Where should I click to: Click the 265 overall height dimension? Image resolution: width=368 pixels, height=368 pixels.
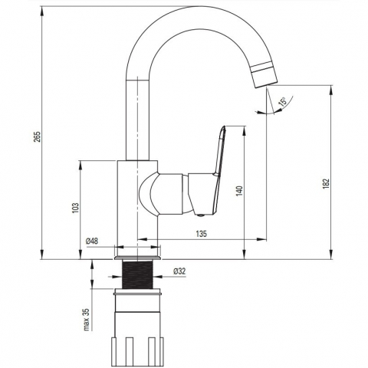coord(38,136)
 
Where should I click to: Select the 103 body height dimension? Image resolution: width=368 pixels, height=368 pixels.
coord(76,209)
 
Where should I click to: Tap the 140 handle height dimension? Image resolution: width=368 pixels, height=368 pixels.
coord(239,191)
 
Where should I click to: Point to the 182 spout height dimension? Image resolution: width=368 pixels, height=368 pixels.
coord(327,183)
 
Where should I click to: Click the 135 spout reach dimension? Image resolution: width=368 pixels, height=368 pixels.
coord(202,234)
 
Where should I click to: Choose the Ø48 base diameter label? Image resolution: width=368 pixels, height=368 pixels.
coord(92,241)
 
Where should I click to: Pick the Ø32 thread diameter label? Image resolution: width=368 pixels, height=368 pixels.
coord(179,271)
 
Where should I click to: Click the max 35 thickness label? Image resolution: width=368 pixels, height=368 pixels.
coord(87,320)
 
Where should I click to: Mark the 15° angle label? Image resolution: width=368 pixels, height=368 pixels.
coord(283,102)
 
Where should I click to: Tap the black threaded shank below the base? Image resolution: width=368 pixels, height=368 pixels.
coord(137,274)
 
